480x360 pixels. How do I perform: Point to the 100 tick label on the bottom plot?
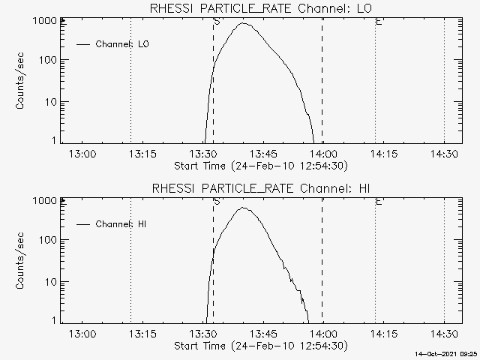pos(46,240)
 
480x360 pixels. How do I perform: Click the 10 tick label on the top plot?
pos(49,101)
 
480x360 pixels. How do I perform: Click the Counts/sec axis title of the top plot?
pos(22,81)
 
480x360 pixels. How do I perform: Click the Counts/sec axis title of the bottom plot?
pos(22,261)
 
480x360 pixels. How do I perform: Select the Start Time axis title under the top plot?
pos(259,166)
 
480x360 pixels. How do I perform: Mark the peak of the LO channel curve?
pos(244,23)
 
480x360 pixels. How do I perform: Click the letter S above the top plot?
pos(217,22)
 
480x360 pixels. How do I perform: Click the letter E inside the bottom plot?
pos(379,202)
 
